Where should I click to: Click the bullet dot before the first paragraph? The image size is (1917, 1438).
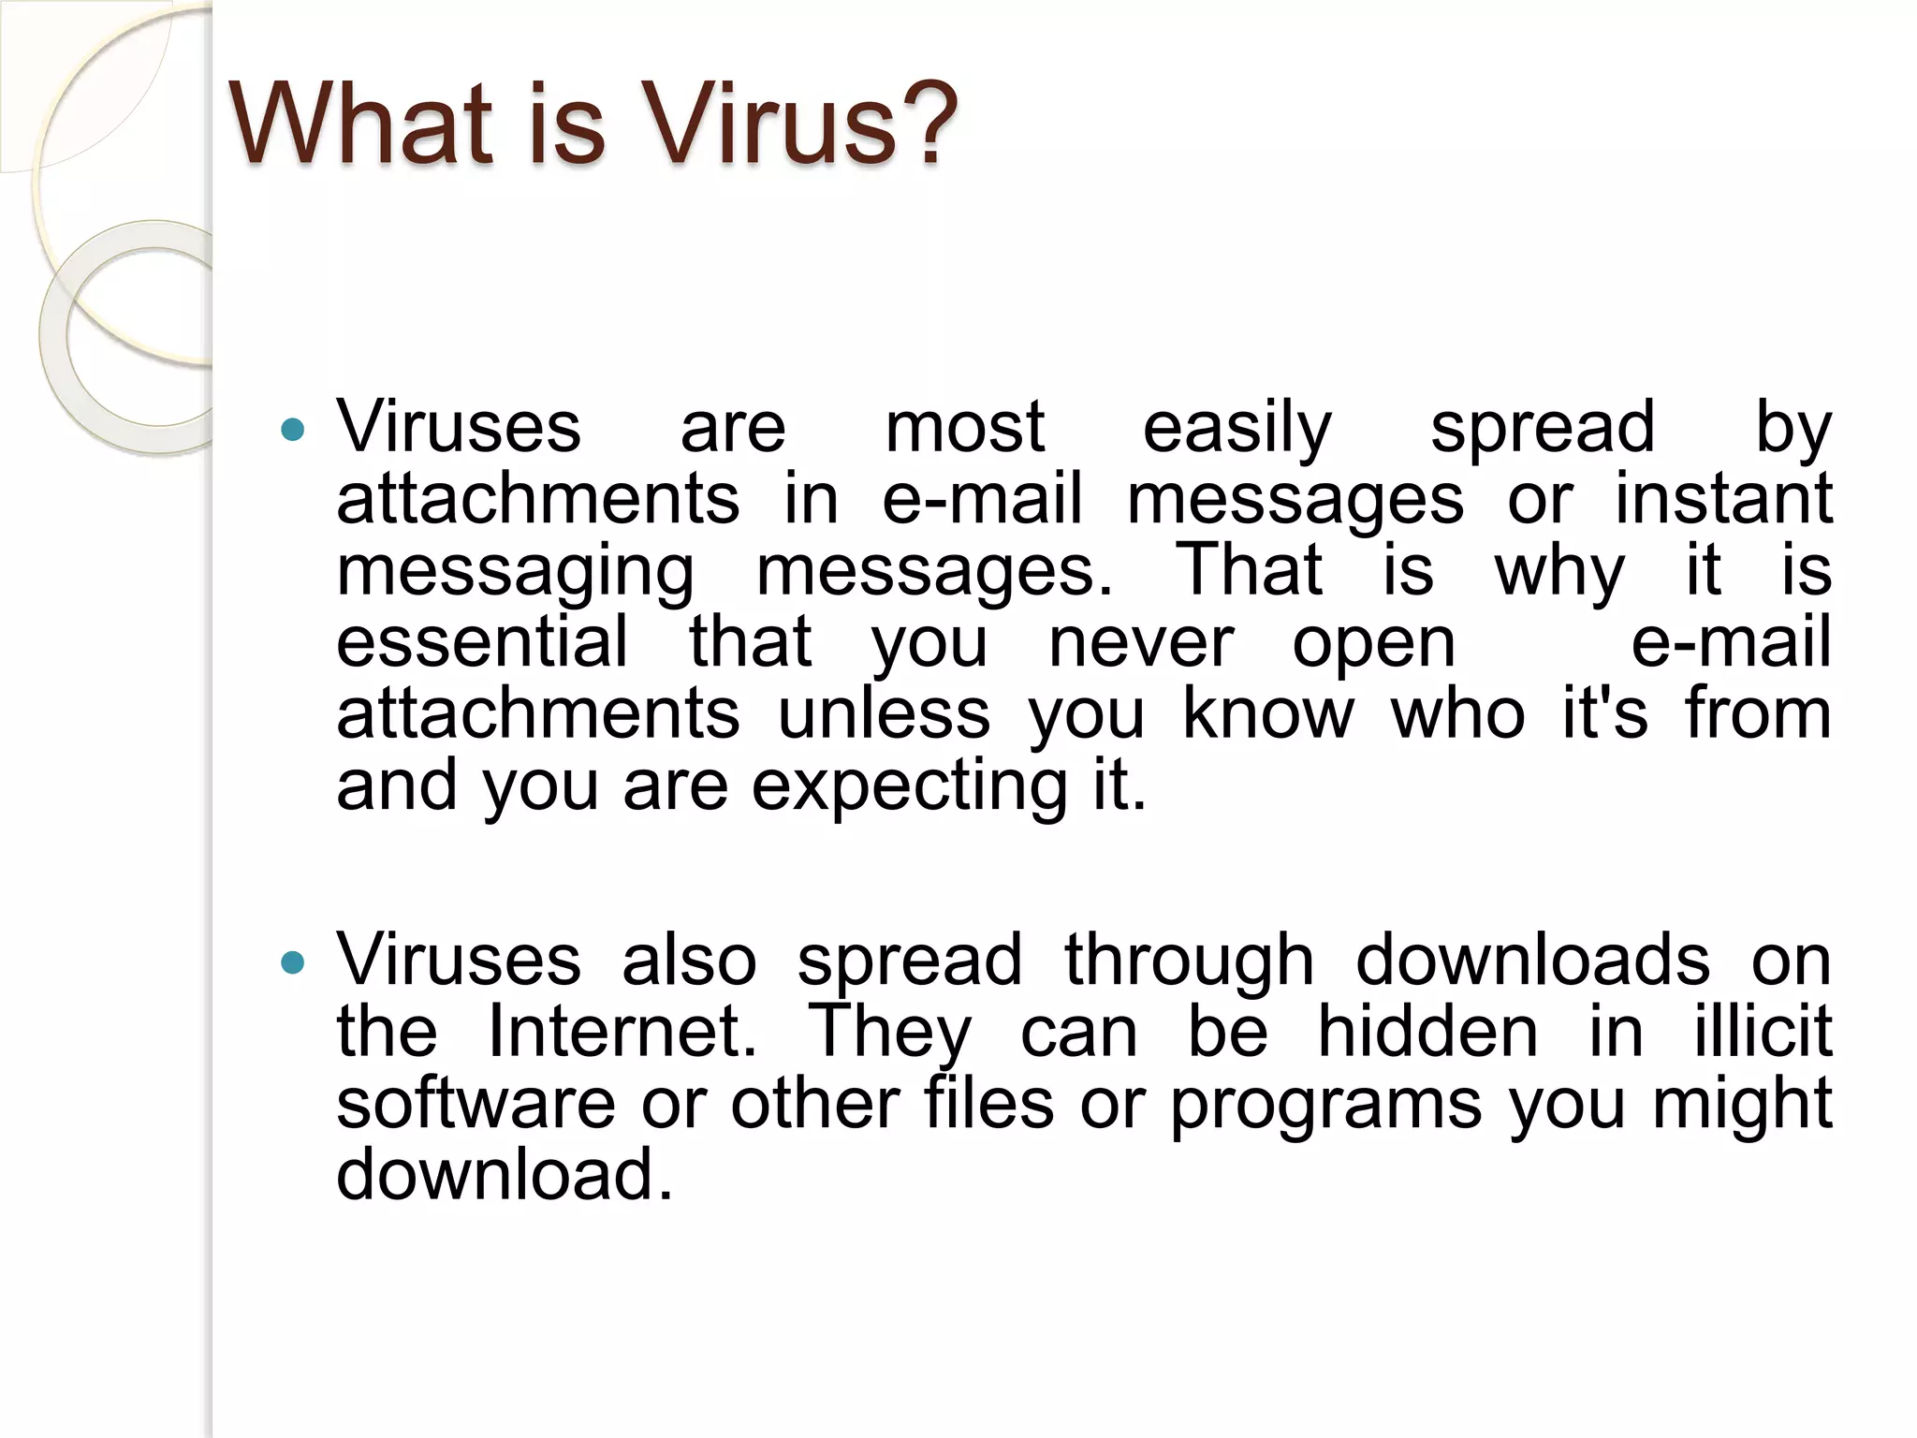293,430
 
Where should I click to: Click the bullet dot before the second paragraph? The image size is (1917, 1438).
293,962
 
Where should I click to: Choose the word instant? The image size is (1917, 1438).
1723,499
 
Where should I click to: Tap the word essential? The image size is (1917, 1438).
483,642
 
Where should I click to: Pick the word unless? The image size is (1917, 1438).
884,713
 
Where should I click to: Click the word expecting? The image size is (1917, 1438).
909,787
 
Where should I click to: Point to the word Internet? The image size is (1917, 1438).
622,1032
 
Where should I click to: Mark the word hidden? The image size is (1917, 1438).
1428,1032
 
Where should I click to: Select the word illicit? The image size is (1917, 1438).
1763,1032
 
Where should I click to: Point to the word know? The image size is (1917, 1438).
1268,713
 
